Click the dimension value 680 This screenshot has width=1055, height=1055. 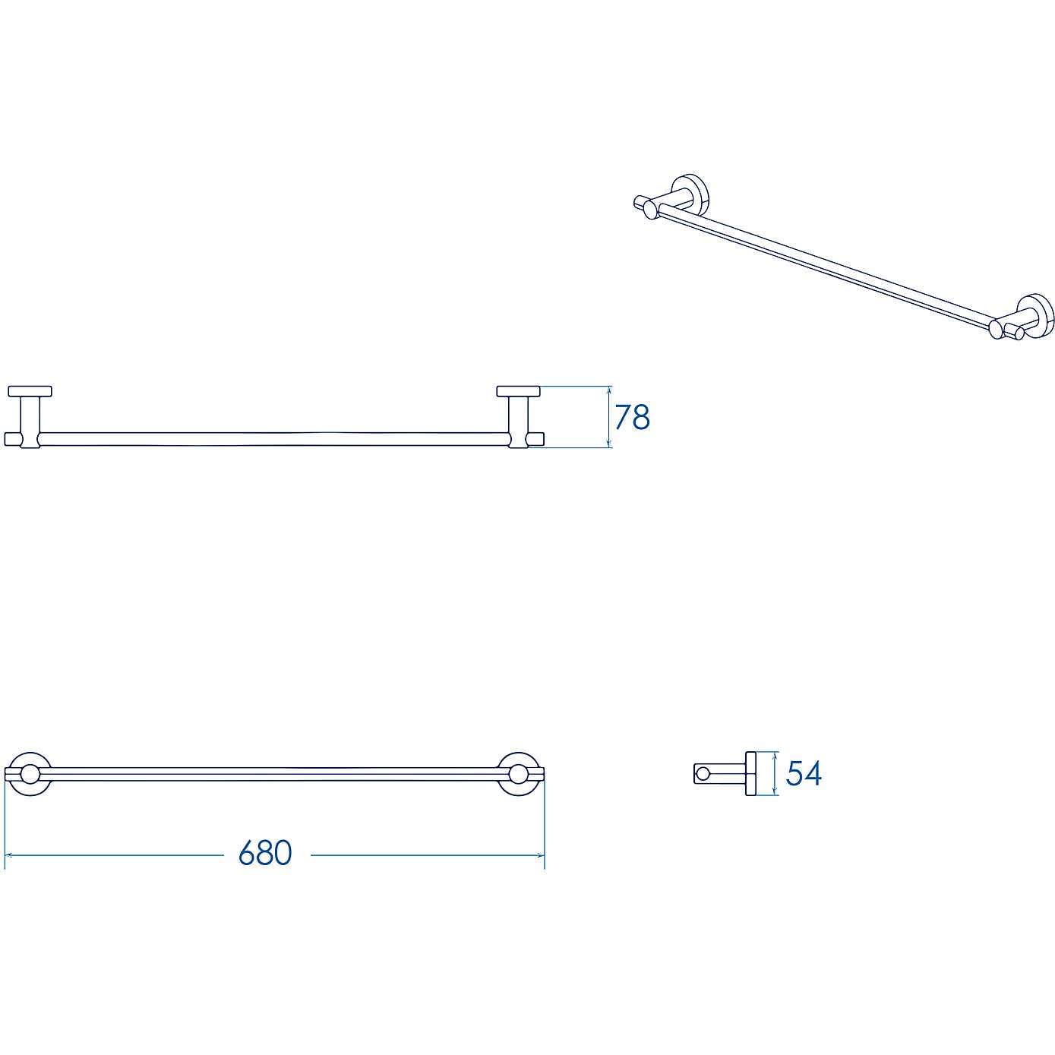(265, 853)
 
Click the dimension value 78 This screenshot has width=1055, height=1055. (632, 417)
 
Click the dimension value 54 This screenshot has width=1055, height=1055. (804, 773)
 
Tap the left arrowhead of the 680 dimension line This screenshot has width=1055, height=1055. (8, 855)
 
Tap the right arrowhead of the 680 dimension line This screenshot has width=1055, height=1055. (542, 855)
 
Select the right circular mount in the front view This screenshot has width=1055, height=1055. (519, 774)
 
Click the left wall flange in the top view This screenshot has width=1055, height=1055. (30, 391)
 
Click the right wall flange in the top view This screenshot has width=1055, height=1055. (519, 391)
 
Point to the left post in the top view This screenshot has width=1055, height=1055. (30, 416)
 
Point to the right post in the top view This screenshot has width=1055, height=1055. (519, 416)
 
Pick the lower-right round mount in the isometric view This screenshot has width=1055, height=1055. (1036, 314)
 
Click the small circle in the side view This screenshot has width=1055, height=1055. (703, 774)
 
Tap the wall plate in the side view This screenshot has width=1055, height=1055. (751, 774)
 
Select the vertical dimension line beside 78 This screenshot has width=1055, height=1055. (609, 417)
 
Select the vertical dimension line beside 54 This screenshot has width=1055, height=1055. (774, 774)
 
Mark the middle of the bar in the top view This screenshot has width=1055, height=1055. (273, 439)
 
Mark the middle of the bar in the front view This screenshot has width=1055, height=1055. (273, 774)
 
